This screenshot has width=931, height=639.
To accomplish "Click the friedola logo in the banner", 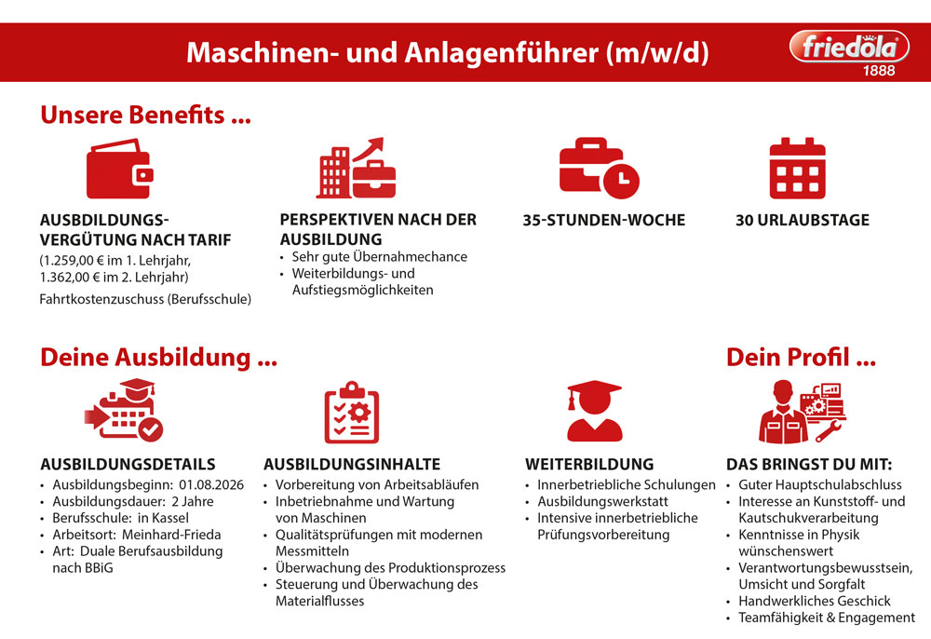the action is coord(849,47).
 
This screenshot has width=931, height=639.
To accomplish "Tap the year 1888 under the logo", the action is coord(879,71).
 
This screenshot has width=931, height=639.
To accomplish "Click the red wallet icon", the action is coord(120,169).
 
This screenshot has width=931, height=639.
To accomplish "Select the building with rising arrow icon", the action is coord(356,168).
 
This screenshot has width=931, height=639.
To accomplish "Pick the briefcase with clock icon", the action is coord(599,168).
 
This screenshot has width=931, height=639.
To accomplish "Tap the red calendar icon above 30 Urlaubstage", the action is coord(798,168).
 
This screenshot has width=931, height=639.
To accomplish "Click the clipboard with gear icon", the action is coord(352,412).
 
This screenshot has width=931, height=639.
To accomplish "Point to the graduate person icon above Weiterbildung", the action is coord(594,411).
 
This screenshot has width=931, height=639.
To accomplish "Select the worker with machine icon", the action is coord(803,412).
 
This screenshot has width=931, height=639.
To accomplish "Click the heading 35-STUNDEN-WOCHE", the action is coord(604,221).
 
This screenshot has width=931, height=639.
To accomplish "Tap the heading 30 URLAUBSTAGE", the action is coord(803,221).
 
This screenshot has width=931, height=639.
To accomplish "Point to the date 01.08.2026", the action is coord(211,484).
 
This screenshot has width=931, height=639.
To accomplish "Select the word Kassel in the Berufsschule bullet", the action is coord(170,518).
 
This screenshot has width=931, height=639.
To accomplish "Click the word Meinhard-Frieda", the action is coord(171,535).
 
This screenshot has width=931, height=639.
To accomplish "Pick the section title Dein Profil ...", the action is coord(801,358).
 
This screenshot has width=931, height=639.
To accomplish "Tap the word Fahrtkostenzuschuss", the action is coord(101,299).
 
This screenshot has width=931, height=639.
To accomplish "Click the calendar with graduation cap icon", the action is coord(124,411).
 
